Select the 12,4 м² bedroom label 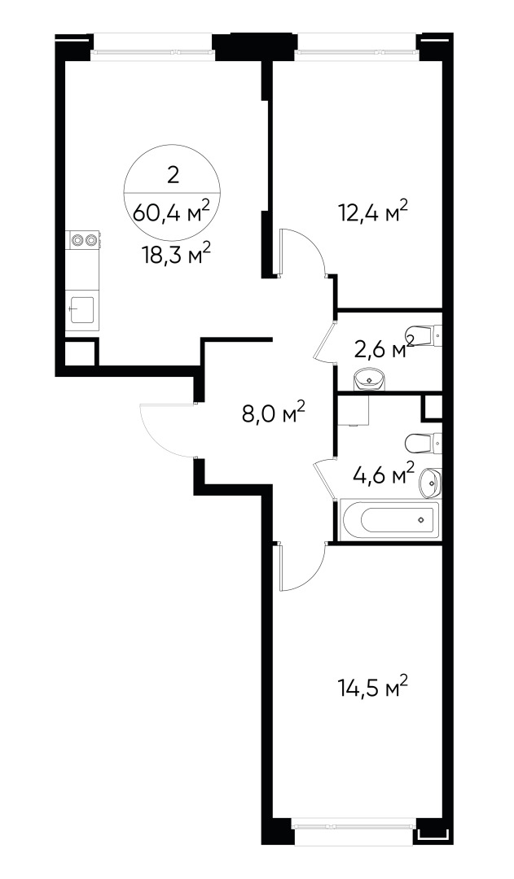[372, 213]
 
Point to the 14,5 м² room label [372, 687]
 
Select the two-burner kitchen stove [82, 240]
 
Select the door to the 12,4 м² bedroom [304, 251]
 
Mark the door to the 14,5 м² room [302, 566]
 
